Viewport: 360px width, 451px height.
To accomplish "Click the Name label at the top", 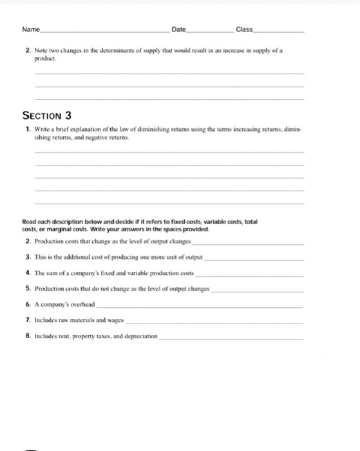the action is tap(30, 30).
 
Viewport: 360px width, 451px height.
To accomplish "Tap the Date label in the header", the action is tap(178, 30).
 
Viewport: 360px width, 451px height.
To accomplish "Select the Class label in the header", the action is tap(245, 30).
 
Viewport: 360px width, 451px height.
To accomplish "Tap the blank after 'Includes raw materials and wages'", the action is tap(216, 320).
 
